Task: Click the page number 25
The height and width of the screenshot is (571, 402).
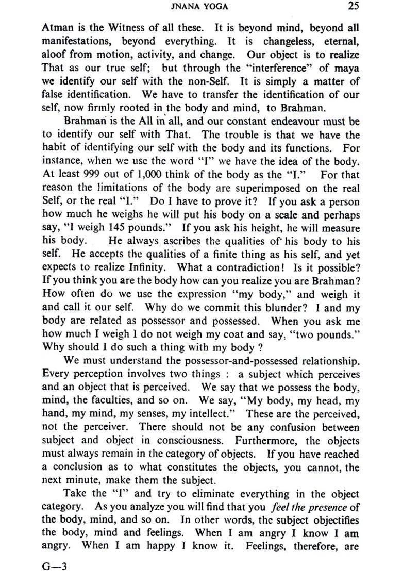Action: point(353,7)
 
